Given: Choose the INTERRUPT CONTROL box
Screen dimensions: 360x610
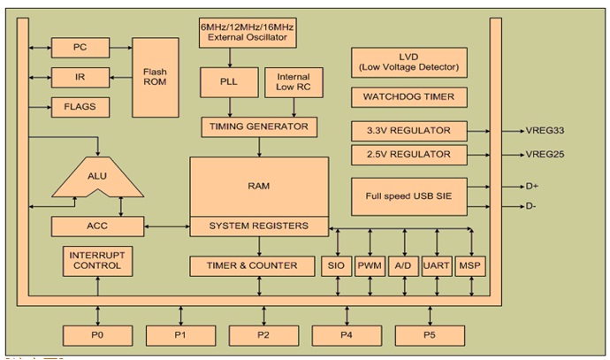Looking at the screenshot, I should pyautogui.click(x=98, y=261).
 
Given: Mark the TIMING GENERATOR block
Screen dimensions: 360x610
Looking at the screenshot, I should pyautogui.click(x=259, y=126).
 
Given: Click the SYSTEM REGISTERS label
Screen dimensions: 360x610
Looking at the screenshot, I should pyautogui.click(x=258, y=226).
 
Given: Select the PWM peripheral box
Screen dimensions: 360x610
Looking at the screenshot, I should pyautogui.click(x=370, y=265).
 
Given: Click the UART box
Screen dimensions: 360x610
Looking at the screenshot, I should pyautogui.click(x=437, y=265).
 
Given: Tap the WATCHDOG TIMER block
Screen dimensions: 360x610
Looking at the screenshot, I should pyautogui.click(x=409, y=96).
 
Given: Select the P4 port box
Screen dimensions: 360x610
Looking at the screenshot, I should pyautogui.click(x=347, y=335).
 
